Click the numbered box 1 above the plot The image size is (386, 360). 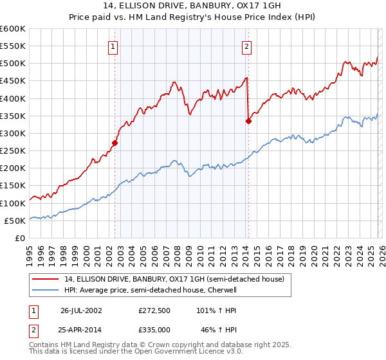pyautogui.click(x=113, y=46)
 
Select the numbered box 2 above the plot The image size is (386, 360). pyautogui.click(x=247, y=46)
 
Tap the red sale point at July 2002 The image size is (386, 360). pyautogui.click(x=115, y=143)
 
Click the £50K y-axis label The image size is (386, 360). pyautogui.click(x=15, y=221)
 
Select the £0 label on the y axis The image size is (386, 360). pyautogui.click(x=21, y=238)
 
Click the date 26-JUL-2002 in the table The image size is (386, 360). pyautogui.click(x=81, y=310)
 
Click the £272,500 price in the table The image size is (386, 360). pyautogui.click(x=154, y=310)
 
